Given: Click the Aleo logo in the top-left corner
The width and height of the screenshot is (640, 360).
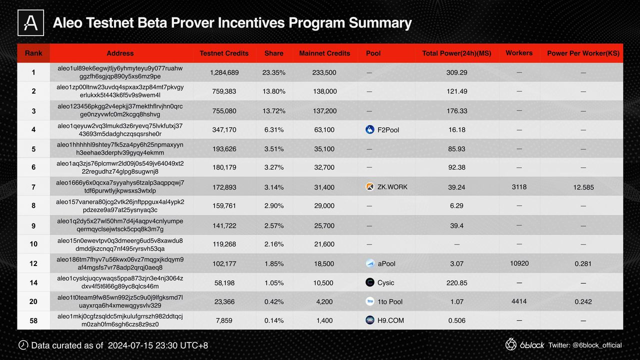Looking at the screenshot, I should pyautogui.click(x=30, y=23).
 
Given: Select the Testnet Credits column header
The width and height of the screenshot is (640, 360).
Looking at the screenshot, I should pyautogui.click(x=224, y=53).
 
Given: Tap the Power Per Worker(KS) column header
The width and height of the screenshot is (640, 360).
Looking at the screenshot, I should pyautogui.click(x=583, y=53).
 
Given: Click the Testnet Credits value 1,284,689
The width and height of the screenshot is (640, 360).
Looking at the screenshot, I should pyautogui.click(x=224, y=72).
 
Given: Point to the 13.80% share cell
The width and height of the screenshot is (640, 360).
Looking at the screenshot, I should pyautogui.click(x=273, y=91).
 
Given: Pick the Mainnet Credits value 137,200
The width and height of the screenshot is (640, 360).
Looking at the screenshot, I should pyautogui.click(x=324, y=111).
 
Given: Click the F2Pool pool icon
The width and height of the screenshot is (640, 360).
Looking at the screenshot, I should pyautogui.click(x=370, y=130).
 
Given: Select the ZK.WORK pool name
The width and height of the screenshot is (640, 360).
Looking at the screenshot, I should pyautogui.click(x=392, y=187).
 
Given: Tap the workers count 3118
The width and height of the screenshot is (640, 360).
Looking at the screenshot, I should pyautogui.click(x=519, y=187).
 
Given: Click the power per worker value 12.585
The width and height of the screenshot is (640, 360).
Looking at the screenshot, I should pyautogui.click(x=583, y=187).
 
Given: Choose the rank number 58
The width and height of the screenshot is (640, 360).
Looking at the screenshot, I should pyautogui.click(x=33, y=320).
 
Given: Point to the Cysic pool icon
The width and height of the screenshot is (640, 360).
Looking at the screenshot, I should pyautogui.click(x=370, y=282).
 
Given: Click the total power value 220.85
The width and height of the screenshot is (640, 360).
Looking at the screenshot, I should pyautogui.click(x=456, y=282).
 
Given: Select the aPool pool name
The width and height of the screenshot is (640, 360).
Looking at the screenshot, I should pyautogui.click(x=386, y=263).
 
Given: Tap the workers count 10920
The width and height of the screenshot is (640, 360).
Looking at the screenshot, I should pyautogui.click(x=519, y=263).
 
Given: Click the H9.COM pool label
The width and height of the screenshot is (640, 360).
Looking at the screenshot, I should pyautogui.click(x=390, y=320).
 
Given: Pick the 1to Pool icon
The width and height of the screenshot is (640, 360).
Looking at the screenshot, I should pyautogui.click(x=370, y=301).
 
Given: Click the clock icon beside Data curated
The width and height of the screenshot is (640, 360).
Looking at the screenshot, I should pyautogui.click(x=23, y=345).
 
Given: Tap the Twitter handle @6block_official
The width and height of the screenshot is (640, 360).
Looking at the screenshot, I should pyautogui.click(x=597, y=345).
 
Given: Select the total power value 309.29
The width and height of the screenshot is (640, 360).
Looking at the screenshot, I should pyautogui.click(x=456, y=72).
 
